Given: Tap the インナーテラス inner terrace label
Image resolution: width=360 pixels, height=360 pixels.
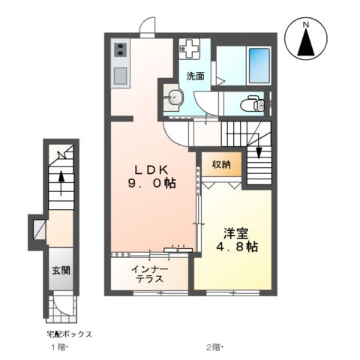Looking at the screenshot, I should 151,274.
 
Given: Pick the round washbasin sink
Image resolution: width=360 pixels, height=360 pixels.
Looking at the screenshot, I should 175,97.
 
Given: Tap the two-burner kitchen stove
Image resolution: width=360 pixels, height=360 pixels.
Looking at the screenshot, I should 120,52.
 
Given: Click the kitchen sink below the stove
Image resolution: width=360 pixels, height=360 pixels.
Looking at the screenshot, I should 120,76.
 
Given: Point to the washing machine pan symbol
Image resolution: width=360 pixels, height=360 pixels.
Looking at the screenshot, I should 190,49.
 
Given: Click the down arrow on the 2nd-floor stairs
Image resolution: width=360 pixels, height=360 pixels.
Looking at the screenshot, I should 259,151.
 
